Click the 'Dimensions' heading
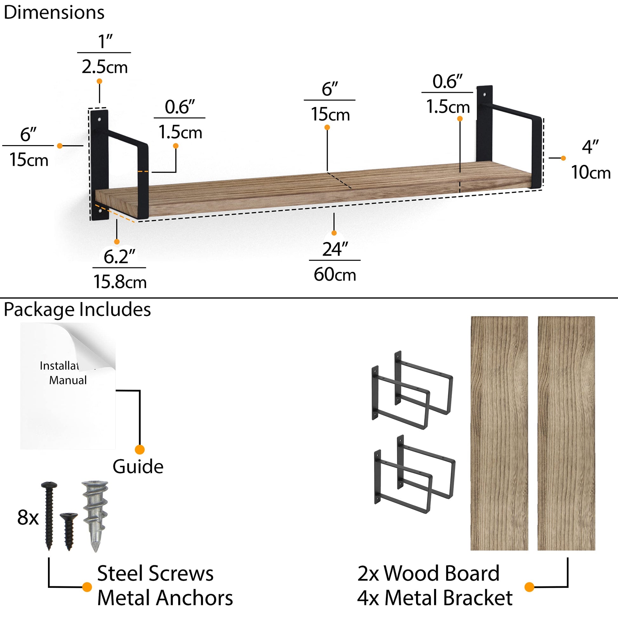[54, 13]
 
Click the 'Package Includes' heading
[77, 310]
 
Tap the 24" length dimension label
[335, 250]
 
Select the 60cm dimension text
[335, 274]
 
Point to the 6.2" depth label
[120, 257]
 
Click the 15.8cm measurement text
[120, 282]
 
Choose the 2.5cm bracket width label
[104, 67]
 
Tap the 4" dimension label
[590, 147]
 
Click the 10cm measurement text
[591, 172]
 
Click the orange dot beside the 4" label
[563, 158]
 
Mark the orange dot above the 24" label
[334, 233]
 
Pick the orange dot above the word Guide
[140, 449]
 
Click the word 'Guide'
[138, 467]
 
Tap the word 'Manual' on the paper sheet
[68, 380]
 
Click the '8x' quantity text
[28, 518]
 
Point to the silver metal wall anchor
[95, 516]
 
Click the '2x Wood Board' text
[428, 573]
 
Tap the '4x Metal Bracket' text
[435, 598]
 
